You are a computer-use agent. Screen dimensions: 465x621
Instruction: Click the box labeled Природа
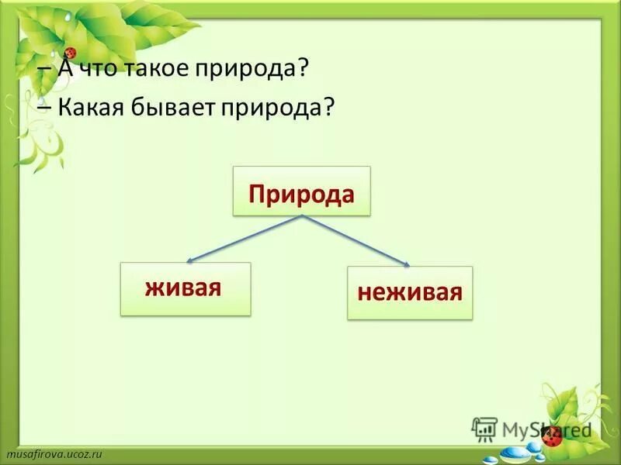tap(302, 191)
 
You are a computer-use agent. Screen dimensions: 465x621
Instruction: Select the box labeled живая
tap(186, 288)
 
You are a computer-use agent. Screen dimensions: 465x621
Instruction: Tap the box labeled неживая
tap(409, 293)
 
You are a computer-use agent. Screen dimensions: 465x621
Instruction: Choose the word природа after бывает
tap(271, 108)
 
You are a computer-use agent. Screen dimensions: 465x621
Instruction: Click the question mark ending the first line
tap(305, 68)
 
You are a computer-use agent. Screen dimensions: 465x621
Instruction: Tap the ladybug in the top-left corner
tap(71, 53)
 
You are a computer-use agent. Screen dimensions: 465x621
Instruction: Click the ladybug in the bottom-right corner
tap(554, 437)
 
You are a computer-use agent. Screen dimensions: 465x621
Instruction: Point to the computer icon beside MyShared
tap(485, 429)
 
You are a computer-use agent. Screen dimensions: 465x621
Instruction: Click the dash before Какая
tap(43, 109)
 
